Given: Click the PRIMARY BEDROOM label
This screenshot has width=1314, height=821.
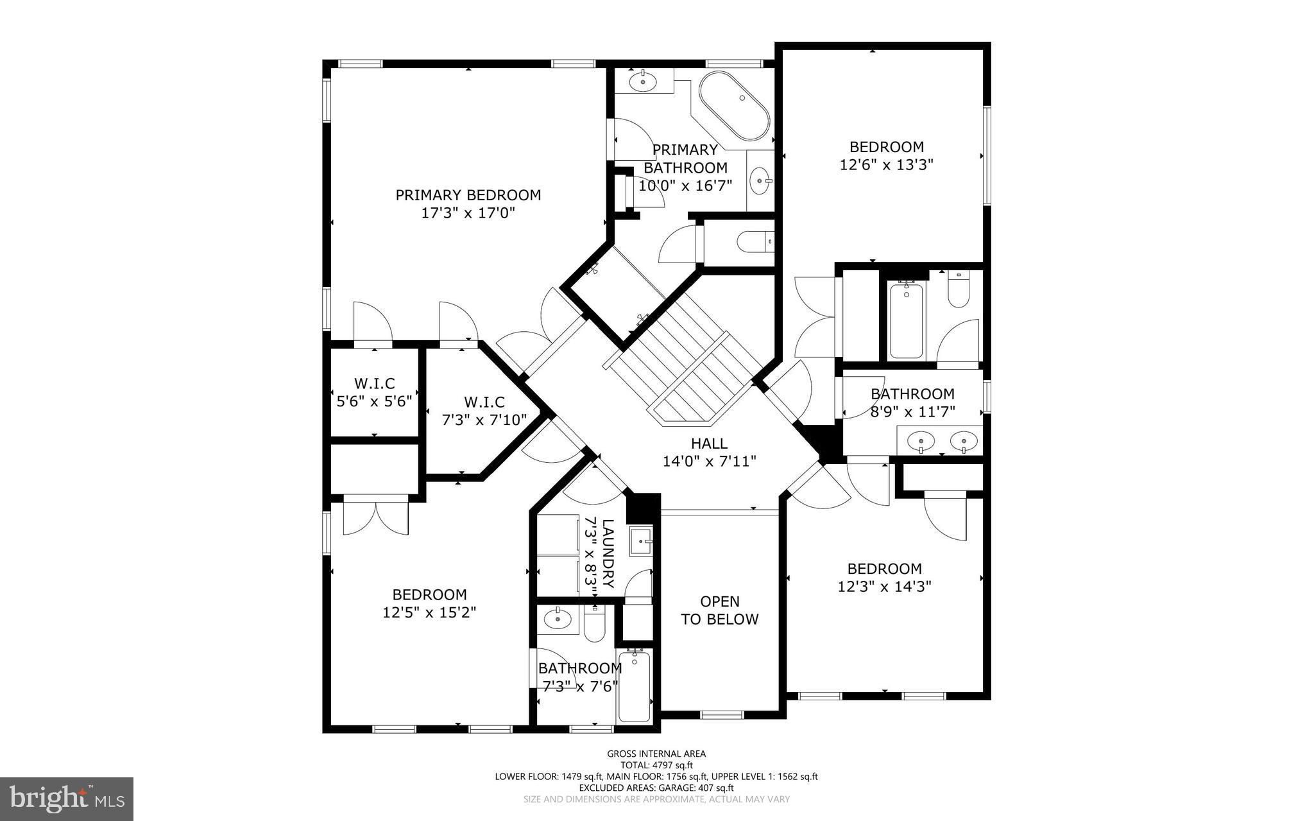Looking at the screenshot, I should pos(468,195).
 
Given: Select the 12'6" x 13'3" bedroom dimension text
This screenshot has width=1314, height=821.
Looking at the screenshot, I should pos(886,165).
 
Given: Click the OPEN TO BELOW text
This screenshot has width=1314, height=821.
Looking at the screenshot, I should pos(719,610).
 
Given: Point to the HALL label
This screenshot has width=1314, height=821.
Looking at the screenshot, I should pos(709,444).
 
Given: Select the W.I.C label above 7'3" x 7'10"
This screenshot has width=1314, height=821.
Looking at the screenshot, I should pos(484,402).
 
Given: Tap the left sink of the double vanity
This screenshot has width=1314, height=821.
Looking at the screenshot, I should pos(921,441).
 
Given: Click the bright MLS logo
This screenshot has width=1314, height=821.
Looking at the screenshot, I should pos(67,799).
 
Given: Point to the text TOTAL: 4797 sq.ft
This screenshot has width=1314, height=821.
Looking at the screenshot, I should pos(656,765).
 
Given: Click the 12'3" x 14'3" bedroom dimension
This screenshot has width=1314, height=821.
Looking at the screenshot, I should pos(884,587).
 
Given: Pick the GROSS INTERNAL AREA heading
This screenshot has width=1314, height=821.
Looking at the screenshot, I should pos(656,754).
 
